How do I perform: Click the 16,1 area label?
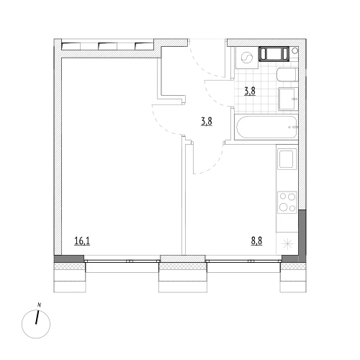pyautogui.click(x=82, y=241)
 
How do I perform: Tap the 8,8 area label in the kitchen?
pyautogui.click(x=256, y=241)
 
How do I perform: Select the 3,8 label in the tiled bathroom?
pyautogui.click(x=250, y=91)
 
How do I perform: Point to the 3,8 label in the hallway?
pyautogui.click(x=207, y=122)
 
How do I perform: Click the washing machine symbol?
pyautogui.click(x=246, y=58)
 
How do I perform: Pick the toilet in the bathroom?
pyautogui.click(x=287, y=75)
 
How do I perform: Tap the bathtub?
pyautogui.click(x=267, y=127)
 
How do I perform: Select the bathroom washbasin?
pyautogui.click(x=288, y=99)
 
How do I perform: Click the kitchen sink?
pyautogui.click(x=287, y=158)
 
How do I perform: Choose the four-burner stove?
pyautogui.click(x=287, y=202)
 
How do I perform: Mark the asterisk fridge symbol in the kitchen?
pyautogui.click(x=287, y=244)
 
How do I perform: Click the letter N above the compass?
pyautogui.click(x=39, y=305)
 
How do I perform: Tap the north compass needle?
pyautogui.click(x=37, y=318)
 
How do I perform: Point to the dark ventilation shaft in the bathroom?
pyautogui.click(x=274, y=54)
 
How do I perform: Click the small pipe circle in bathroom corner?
pyautogui.click(x=295, y=50)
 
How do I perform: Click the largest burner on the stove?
pyautogui.click(x=284, y=207)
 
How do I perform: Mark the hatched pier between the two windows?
pyautogui.click(x=183, y=258)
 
